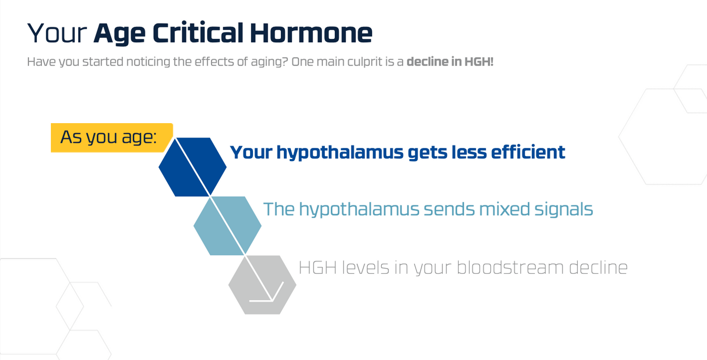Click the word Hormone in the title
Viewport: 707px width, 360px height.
(311, 33)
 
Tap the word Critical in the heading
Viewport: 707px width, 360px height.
(198, 33)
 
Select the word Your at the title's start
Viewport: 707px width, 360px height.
(57, 33)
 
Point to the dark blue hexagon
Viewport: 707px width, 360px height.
(192, 167)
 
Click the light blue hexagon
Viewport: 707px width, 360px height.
(227, 226)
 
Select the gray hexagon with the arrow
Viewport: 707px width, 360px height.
(262, 285)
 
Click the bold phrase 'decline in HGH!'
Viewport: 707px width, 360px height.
(450, 62)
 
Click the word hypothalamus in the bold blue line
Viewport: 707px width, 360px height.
(340, 153)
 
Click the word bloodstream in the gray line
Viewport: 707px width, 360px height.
(510, 268)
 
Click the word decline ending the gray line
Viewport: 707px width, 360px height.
(598, 268)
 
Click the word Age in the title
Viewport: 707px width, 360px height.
(120, 34)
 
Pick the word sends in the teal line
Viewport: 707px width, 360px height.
(449, 209)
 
